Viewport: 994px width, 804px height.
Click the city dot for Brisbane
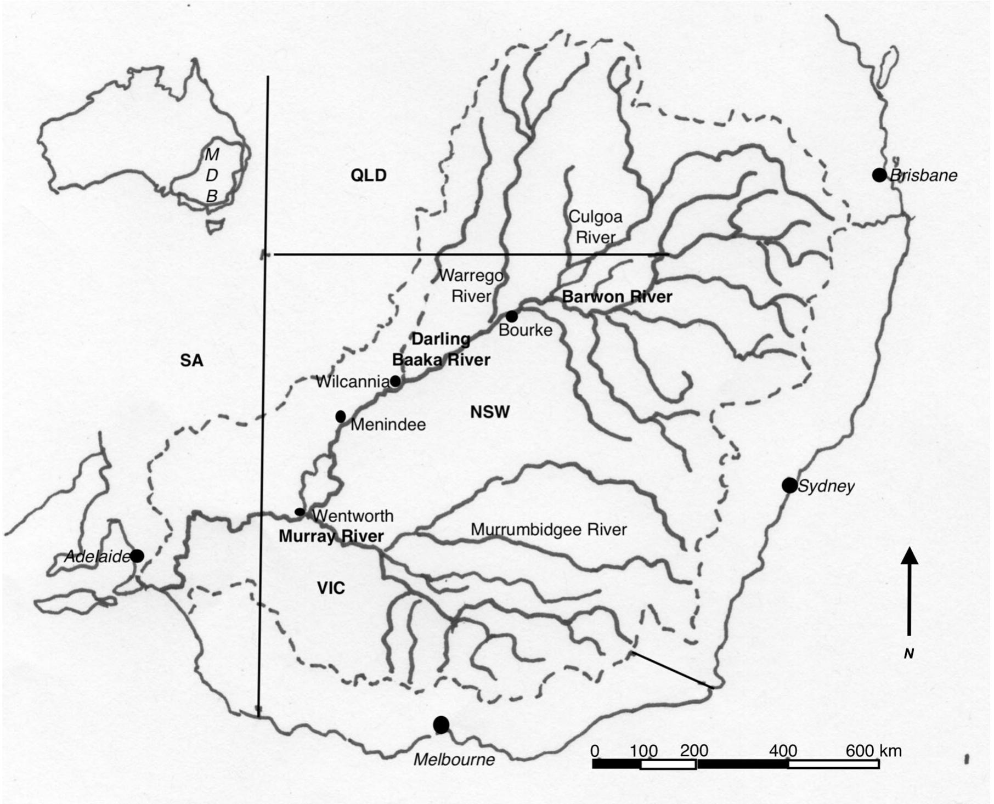tap(879, 175)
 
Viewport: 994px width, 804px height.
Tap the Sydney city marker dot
tap(789, 485)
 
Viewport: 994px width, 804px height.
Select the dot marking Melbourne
tap(441, 725)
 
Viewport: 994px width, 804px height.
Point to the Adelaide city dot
tap(137, 556)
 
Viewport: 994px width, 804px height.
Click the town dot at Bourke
tap(512, 316)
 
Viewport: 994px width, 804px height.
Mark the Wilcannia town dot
tap(396, 381)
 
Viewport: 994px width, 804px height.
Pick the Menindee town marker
tap(341, 416)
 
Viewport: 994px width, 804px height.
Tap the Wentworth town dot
tap(300, 512)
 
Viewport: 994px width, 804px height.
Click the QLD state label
tap(369, 175)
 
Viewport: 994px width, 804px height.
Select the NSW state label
tap(490, 412)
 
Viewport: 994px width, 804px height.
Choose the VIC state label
tap(331, 588)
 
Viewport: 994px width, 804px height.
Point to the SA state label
tap(191, 360)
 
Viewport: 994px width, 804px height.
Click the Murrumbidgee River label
tap(549, 530)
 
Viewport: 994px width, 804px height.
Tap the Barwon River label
tap(617, 297)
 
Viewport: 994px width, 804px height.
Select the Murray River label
tap(331, 536)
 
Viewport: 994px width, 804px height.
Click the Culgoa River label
tap(596, 227)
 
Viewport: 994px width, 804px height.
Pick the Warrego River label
tap(471, 286)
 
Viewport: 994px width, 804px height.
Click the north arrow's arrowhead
tap(910, 556)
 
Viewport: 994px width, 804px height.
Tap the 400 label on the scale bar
tap(783, 750)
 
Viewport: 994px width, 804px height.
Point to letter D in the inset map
tap(212, 175)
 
